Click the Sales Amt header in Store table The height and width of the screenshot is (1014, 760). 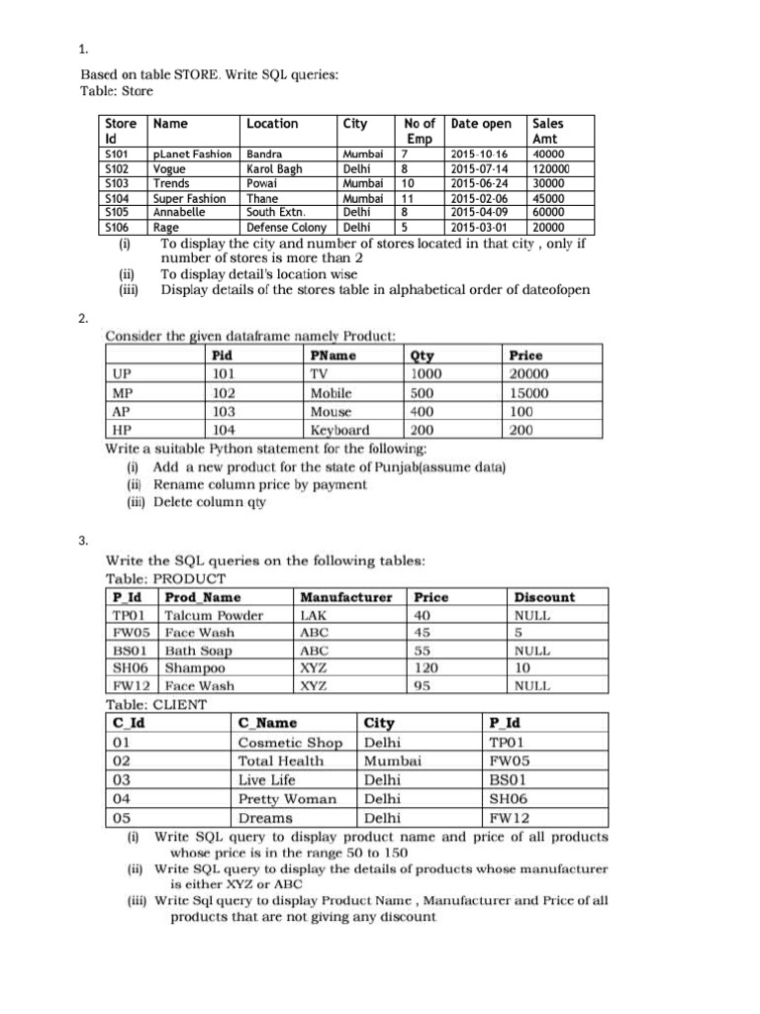pos(548,132)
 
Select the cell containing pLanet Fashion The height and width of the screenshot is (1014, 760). pos(192,155)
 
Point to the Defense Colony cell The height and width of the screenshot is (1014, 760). pos(285,226)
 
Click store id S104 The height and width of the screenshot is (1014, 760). pos(116,197)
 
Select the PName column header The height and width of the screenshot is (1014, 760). pos(332,355)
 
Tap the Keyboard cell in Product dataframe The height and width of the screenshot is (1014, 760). pos(339,431)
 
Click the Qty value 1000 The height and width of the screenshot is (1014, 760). pos(426,374)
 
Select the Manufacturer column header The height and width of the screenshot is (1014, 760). pos(345,597)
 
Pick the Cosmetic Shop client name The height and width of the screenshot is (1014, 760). pos(290,742)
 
